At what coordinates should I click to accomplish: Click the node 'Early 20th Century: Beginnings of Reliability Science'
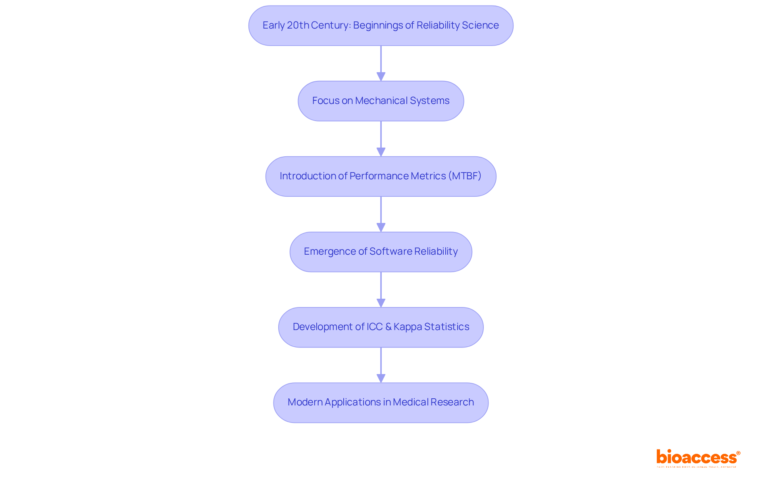[x=381, y=25]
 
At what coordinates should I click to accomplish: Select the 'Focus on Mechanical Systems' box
[x=381, y=101]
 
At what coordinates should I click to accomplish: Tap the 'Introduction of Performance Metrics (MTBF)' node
[x=381, y=176]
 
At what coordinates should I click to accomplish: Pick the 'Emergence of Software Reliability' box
[x=381, y=252]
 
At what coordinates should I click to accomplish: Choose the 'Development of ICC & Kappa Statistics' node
[x=381, y=327]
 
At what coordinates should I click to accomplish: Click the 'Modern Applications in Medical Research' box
[x=381, y=402]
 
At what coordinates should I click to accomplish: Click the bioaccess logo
[x=698, y=458]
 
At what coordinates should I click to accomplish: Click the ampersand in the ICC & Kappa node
[x=388, y=327]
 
